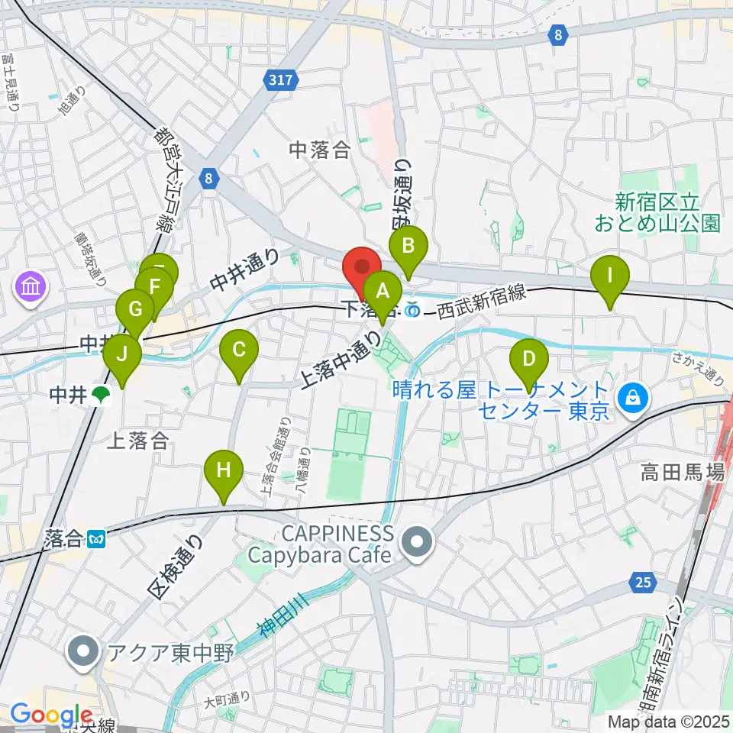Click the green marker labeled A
(383, 291)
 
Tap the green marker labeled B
(408, 247)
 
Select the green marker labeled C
(238, 350)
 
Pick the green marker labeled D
(528, 357)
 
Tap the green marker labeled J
(121, 354)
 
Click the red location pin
(362, 269)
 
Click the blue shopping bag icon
(632, 396)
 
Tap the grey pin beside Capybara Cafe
(417, 544)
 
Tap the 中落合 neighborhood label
(319, 151)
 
